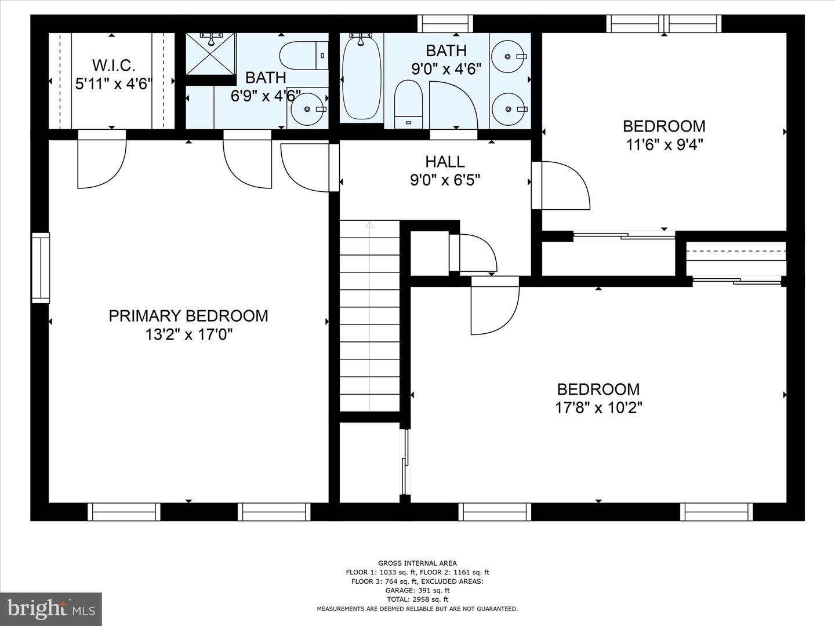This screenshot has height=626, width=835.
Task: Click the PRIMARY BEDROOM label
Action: tap(188, 316)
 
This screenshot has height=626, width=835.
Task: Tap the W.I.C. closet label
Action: tap(114, 65)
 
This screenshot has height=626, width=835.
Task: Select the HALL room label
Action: tap(445, 162)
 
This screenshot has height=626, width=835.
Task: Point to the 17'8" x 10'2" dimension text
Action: tap(598, 408)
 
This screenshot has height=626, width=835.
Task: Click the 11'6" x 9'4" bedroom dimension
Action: tap(664, 145)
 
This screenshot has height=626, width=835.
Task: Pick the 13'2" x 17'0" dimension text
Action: tap(188, 335)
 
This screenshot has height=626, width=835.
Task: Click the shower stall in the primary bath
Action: tap(210, 53)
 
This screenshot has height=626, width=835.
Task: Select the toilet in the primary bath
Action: tap(304, 56)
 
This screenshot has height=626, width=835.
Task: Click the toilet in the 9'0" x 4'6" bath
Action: tap(409, 104)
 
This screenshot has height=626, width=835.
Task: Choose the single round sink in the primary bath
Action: tap(307, 109)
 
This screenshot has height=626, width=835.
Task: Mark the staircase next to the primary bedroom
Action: tap(369, 316)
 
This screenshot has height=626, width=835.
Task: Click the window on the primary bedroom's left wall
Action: tap(41, 268)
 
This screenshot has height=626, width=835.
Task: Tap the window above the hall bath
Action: tap(445, 24)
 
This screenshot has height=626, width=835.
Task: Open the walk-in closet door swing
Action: tap(101, 159)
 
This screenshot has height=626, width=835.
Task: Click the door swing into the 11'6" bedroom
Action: tap(561, 185)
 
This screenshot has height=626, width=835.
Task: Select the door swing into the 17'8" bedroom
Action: tap(495, 305)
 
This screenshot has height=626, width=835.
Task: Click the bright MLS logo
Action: tap(50, 609)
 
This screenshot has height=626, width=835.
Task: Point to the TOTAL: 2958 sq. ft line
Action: tap(418, 599)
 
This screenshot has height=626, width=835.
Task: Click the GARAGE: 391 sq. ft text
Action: tap(418, 590)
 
